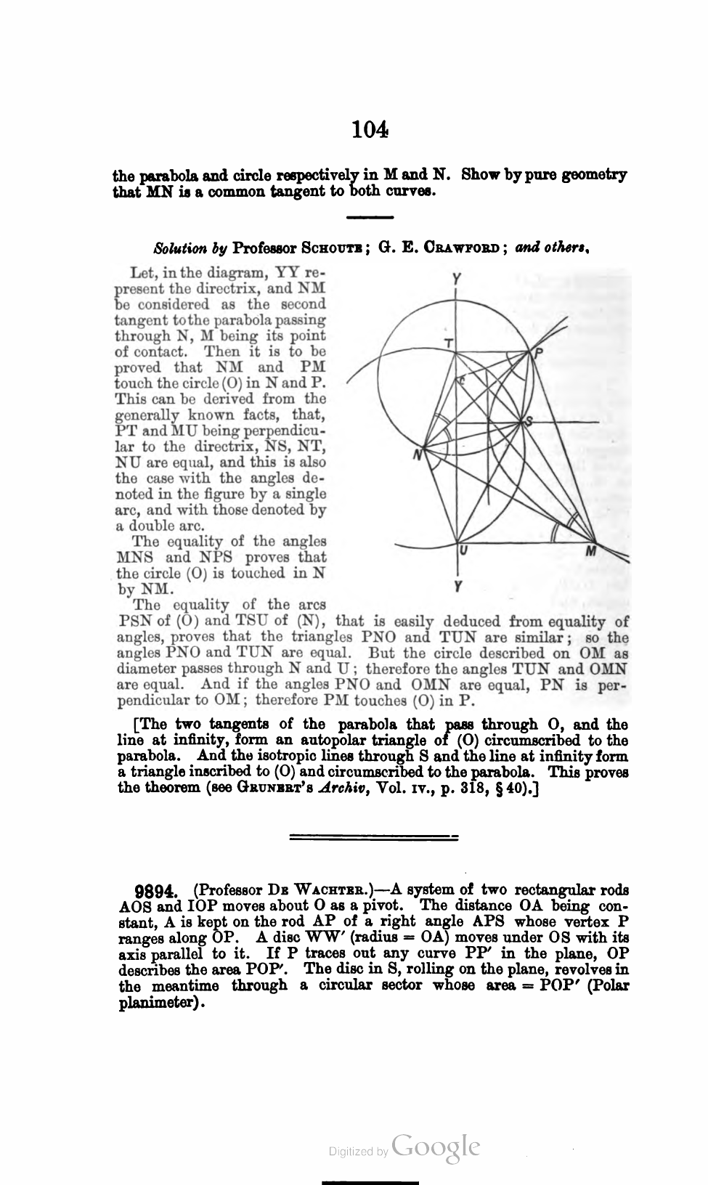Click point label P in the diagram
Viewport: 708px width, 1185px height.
click(x=538, y=353)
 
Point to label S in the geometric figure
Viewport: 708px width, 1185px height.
click(x=529, y=421)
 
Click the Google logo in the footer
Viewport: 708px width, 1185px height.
click(x=436, y=1149)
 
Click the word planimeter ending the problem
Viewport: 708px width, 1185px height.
click(x=161, y=1002)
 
